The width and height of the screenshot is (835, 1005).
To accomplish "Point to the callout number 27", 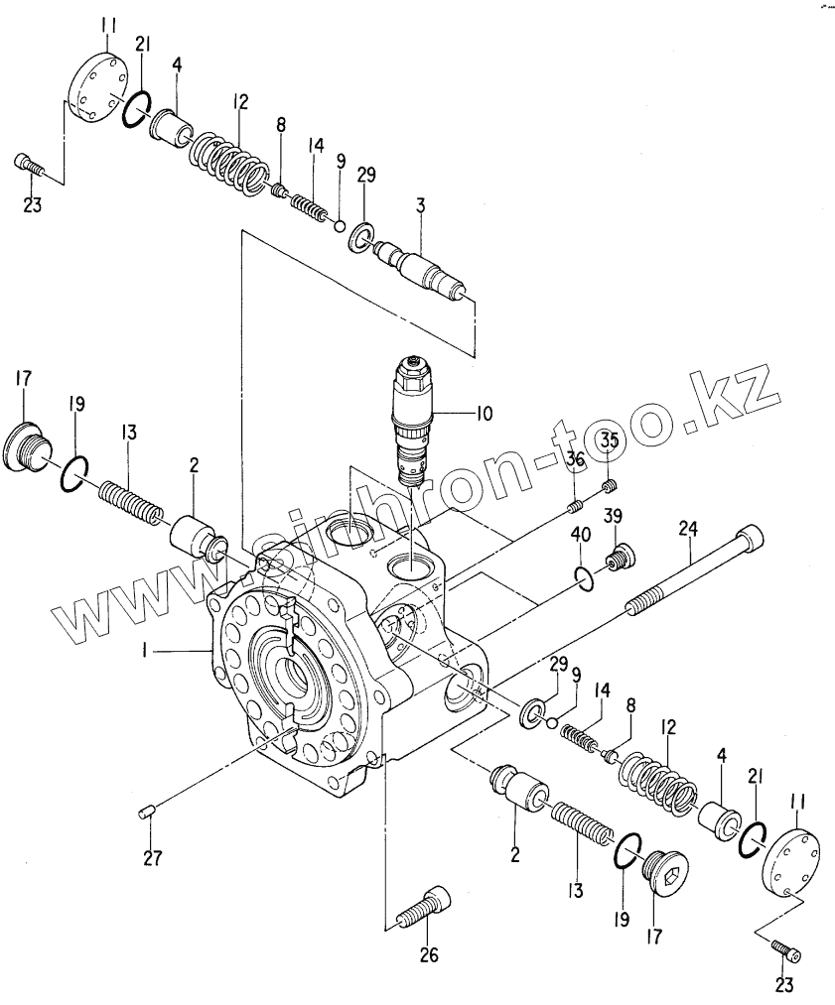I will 152,858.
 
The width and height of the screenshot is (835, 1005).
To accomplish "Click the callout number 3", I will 420,205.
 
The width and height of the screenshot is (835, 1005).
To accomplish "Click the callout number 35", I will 609,440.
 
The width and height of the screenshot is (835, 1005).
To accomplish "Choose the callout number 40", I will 580,537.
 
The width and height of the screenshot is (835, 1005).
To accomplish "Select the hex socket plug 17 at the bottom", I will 663,878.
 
